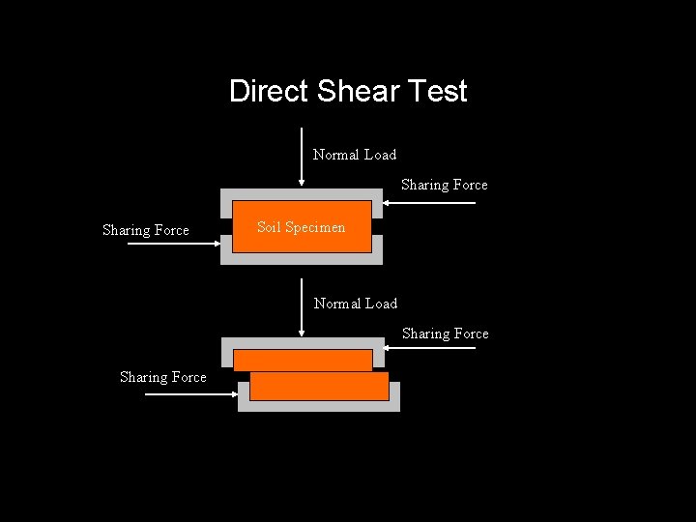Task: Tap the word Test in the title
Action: click(437, 91)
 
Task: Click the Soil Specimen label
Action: click(301, 227)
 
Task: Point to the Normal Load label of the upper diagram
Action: click(355, 155)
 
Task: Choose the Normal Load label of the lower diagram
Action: click(356, 304)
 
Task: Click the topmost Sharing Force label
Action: click(445, 185)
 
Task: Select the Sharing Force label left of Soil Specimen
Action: click(146, 230)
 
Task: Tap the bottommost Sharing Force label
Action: click(163, 377)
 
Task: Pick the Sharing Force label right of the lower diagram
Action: click(446, 333)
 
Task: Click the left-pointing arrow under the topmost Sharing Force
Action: click(429, 203)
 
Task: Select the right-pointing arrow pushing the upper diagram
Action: click(174, 244)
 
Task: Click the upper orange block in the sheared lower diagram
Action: click(303, 361)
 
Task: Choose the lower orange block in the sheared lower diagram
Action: click(319, 387)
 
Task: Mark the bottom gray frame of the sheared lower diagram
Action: click(319, 406)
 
